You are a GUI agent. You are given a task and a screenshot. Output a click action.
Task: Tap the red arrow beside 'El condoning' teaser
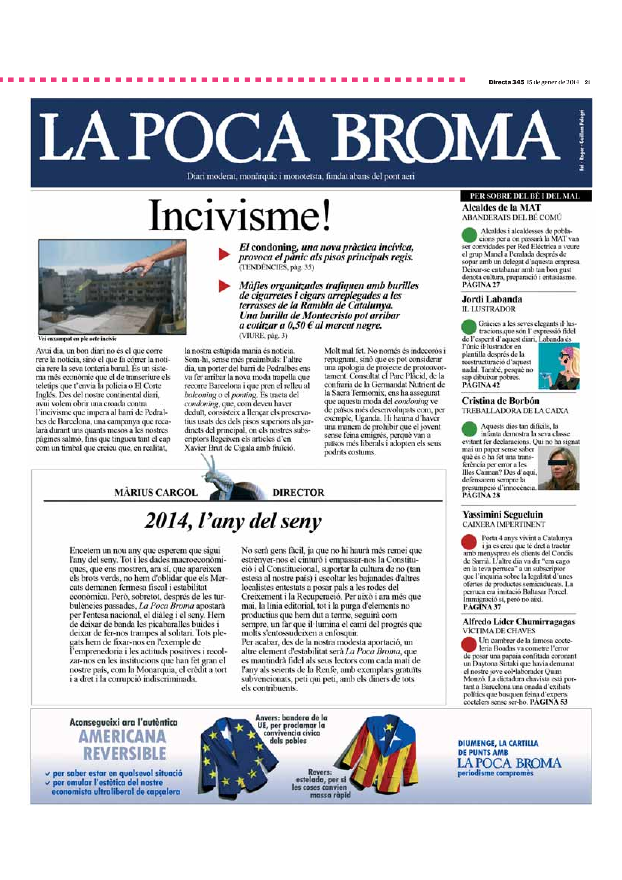point(224,254)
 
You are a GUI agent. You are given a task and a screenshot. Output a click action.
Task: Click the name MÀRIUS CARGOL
point(156,492)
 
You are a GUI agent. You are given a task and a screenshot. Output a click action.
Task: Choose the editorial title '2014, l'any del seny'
point(233,521)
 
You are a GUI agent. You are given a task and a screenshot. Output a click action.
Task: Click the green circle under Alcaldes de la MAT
point(469,234)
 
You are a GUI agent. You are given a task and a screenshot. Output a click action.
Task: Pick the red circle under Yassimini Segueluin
point(469,541)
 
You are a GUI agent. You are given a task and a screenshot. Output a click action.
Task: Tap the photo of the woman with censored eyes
point(559,470)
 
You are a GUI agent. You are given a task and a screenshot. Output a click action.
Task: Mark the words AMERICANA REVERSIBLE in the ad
point(123,745)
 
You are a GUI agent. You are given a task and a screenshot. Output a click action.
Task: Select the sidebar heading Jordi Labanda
point(492,299)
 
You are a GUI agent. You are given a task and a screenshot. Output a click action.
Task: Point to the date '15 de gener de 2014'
point(552,82)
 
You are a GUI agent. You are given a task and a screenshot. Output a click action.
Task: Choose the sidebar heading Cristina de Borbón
point(500,401)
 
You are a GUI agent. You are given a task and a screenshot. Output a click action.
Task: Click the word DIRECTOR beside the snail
point(298,492)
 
